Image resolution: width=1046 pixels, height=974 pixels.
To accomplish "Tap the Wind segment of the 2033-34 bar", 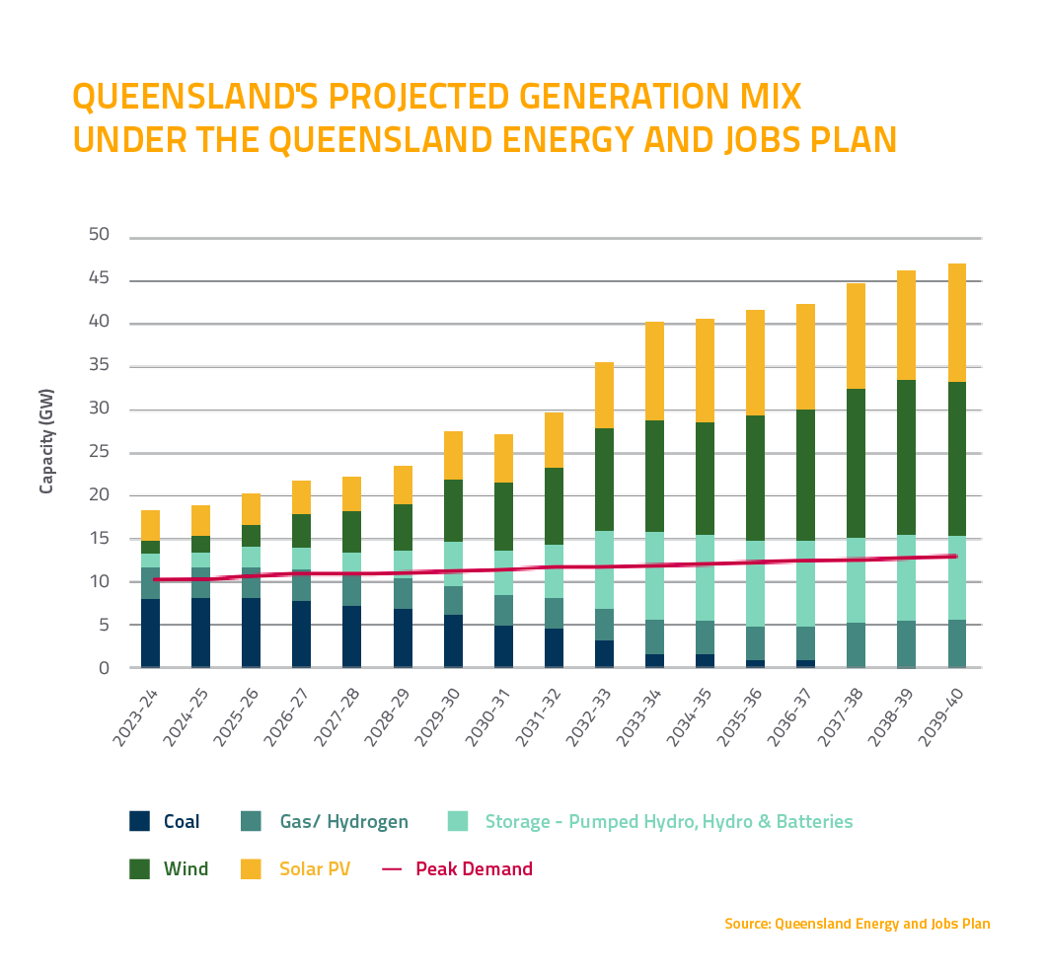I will click(654, 477).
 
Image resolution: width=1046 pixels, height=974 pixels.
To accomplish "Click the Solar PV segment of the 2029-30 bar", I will click(453, 456).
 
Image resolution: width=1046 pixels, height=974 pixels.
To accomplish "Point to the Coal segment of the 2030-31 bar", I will click(503, 646).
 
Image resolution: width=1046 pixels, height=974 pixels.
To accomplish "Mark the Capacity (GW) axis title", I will click(47, 441).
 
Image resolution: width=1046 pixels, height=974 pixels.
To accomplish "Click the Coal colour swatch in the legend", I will click(140, 821).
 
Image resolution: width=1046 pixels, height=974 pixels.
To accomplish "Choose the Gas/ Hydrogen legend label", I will click(343, 822).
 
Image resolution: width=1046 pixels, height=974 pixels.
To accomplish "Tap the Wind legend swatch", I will click(140, 869).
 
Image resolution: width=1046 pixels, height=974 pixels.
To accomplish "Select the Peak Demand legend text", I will click(474, 869).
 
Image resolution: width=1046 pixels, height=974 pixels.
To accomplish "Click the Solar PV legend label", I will click(314, 869).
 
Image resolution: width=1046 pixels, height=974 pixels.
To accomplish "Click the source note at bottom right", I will click(857, 925).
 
